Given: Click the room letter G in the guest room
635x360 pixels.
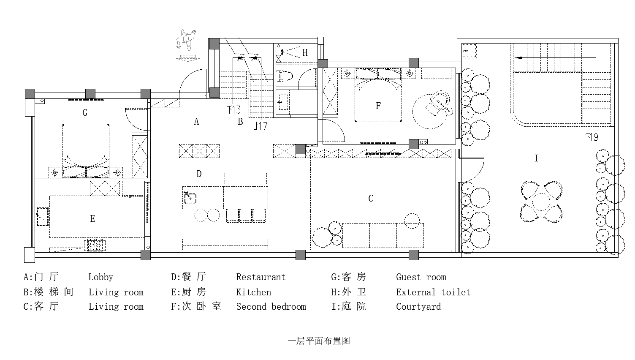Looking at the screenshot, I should point(85,113).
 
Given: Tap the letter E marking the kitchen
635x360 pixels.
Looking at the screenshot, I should point(93,218).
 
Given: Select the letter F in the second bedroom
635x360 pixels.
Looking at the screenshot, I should point(378,106).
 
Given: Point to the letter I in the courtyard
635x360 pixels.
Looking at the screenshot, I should point(537,158).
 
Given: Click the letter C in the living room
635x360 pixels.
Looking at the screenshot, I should point(371,199).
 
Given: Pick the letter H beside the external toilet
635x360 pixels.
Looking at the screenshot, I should point(305,53).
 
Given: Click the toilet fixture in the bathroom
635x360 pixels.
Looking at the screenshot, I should point(285,76).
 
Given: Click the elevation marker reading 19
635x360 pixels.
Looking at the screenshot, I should point(592,137).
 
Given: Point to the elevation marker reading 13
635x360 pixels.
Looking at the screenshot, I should point(234,110).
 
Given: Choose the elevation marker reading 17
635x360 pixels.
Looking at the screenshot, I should point(261,126).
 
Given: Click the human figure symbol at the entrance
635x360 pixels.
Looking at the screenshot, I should point(186,40).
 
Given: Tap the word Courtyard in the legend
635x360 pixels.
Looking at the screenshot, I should point(418,307).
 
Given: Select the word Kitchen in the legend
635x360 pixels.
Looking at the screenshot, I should point(253,292).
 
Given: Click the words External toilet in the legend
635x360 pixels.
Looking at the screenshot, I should point(433,292).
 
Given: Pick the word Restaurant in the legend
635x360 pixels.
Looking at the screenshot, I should point(261,277).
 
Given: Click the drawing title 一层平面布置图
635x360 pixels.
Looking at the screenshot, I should point(318,341).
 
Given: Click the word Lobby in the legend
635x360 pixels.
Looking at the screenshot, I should point(100,277).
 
